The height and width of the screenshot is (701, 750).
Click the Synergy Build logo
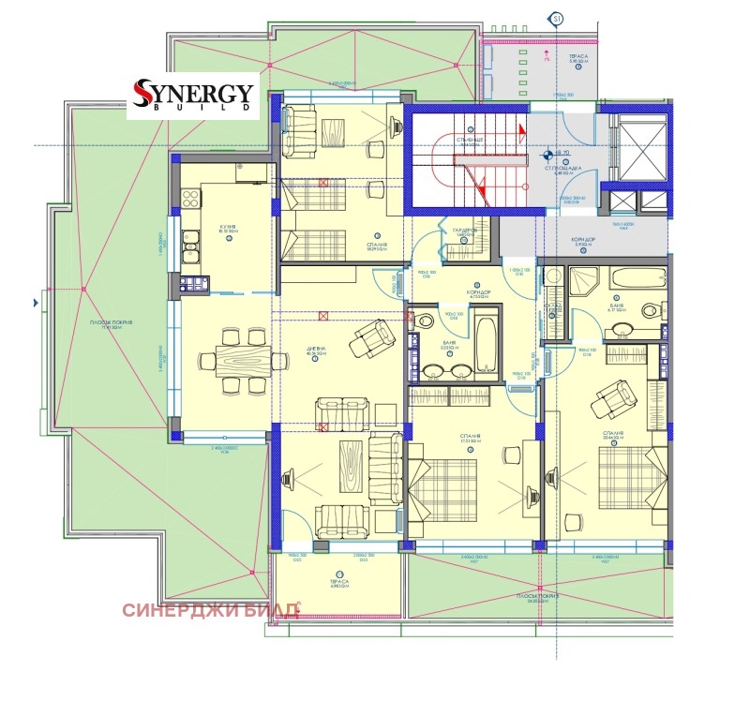193,97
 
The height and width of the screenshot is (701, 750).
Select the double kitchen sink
190,248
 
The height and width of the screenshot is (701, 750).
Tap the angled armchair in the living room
370,337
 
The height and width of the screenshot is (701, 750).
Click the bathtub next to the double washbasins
487,345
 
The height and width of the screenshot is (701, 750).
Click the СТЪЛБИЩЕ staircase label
469,140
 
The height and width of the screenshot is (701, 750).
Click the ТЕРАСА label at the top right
577,56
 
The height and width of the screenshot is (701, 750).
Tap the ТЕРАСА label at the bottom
339,581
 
